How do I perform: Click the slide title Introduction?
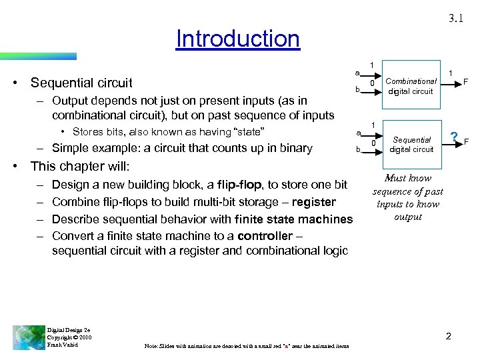click(x=238, y=39)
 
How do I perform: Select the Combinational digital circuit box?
click(x=411, y=86)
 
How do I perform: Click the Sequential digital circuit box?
click(x=411, y=145)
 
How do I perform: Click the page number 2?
click(x=448, y=336)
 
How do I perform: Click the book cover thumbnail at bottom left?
click(x=29, y=337)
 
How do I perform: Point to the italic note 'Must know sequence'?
click(x=407, y=197)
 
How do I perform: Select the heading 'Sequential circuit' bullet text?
click(x=81, y=83)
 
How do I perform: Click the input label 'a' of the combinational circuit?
click(x=357, y=72)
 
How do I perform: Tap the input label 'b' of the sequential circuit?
click(x=357, y=151)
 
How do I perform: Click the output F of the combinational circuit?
click(x=465, y=82)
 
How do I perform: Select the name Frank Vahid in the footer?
click(x=63, y=345)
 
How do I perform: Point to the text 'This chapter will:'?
click(x=80, y=166)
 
